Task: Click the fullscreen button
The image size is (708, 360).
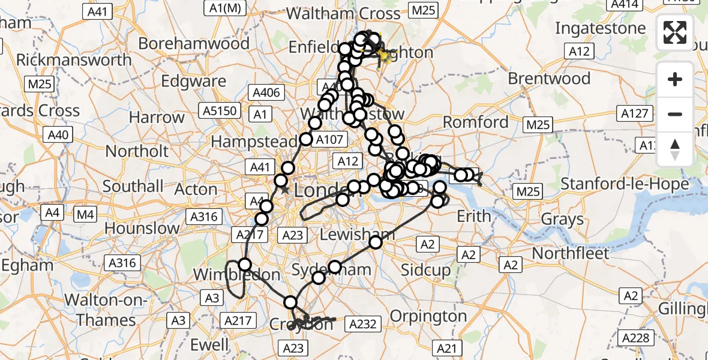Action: pyautogui.click(x=675, y=32)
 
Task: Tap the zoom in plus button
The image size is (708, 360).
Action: pyautogui.click(x=675, y=79)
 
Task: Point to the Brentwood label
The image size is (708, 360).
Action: pyautogui.click(x=549, y=79)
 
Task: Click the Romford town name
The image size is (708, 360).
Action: pyautogui.click(x=475, y=122)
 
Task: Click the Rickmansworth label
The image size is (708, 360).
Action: pyautogui.click(x=74, y=60)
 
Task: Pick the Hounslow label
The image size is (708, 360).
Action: pyautogui.click(x=142, y=228)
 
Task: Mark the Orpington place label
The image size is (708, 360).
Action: pyautogui.click(x=428, y=316)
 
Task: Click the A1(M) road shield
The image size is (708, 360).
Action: pyautogui.click(x=225, y=8)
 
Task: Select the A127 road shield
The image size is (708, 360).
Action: pyautogui.click(x=634, y=113)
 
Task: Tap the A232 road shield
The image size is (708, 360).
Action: pyautogui.click(x=362, y=325)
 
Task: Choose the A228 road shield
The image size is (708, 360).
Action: pyautogui.click(x=636, y=338)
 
